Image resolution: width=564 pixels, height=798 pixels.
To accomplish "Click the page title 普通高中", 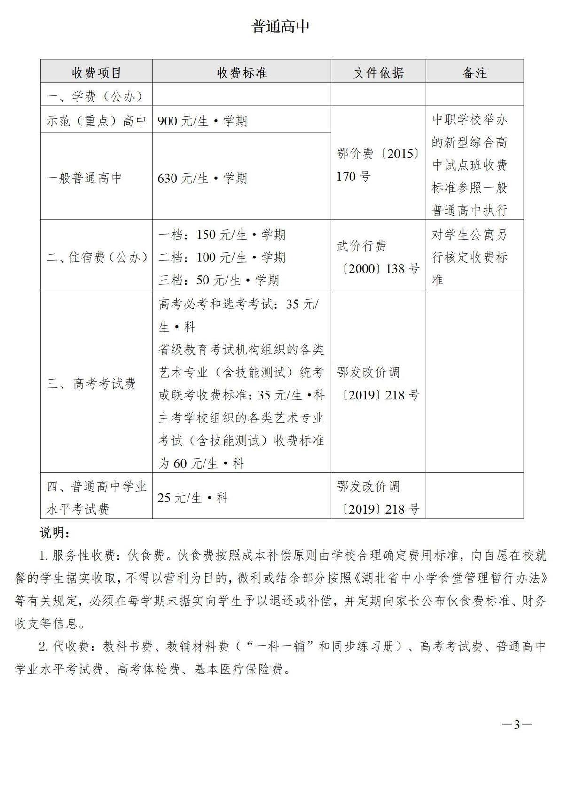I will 281,26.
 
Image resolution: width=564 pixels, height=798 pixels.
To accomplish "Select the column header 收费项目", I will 97,72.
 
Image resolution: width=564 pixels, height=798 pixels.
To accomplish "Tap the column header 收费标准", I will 242,72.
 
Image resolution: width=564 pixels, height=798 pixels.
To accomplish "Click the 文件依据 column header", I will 378,72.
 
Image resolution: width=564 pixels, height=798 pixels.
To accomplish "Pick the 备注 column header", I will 475,72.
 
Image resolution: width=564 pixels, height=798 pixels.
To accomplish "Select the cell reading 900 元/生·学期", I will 203,121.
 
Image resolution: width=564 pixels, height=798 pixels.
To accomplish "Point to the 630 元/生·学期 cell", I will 203,178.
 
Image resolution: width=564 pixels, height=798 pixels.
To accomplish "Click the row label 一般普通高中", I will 85,178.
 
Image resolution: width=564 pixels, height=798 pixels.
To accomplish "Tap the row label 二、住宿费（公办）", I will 97,257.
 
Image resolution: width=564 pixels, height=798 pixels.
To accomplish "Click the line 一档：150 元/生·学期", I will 222,235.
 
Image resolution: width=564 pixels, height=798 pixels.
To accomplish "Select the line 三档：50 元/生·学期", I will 219,280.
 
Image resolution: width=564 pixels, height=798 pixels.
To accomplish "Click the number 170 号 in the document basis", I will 353,177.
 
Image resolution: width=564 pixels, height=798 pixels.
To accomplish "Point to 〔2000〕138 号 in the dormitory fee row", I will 378,269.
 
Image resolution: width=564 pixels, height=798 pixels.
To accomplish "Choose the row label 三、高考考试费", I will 91,383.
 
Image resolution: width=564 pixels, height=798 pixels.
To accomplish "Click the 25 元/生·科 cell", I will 193,498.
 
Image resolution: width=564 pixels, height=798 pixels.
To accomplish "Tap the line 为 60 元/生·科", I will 201,463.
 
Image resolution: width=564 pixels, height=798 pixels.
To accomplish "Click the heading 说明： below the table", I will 55,533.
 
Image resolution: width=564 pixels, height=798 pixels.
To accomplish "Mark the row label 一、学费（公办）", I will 94,96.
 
